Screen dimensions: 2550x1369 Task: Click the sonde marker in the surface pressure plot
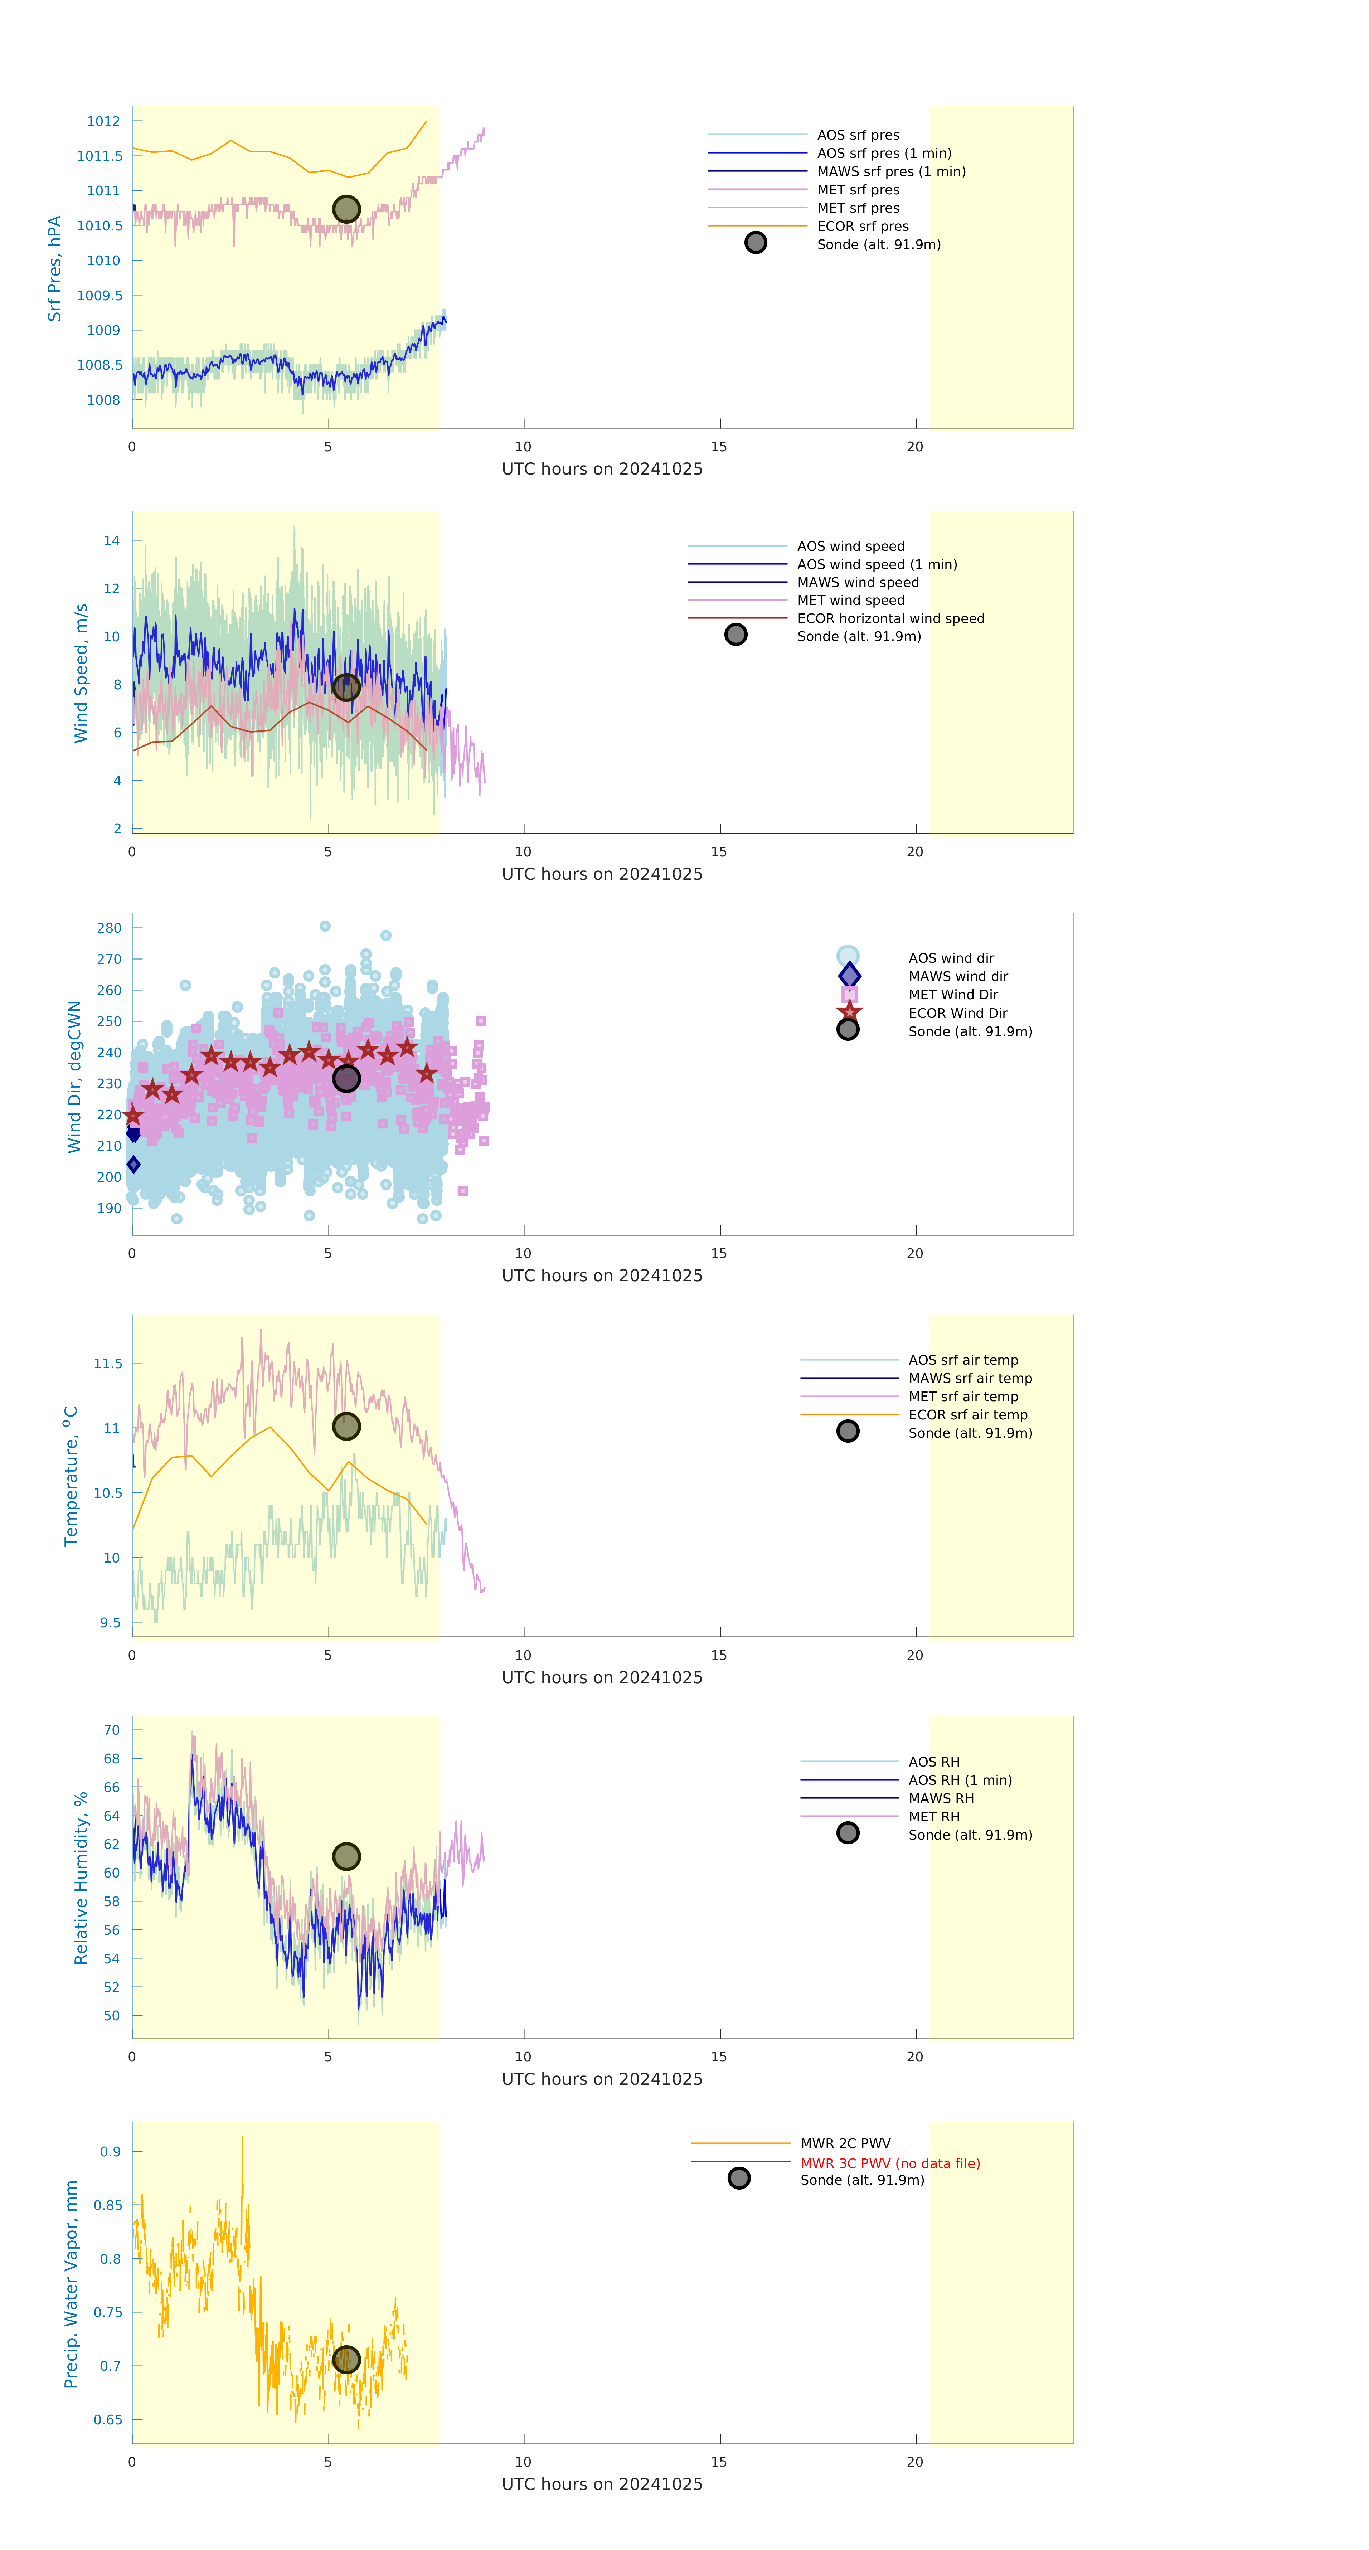345,209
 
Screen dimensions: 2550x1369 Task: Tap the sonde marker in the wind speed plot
345,687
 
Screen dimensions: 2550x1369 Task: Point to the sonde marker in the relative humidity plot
345,1856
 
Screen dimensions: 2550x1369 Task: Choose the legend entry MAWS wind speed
857,582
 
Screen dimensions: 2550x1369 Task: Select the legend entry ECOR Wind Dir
957,1013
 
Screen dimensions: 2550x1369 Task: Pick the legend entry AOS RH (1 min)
959,1780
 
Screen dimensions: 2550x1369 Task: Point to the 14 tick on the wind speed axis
112,540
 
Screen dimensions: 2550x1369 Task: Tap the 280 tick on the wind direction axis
109,928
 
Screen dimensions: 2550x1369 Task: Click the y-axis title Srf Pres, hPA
54,268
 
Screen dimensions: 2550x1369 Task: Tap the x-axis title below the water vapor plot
602,2484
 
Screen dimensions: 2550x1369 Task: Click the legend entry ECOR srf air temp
967,1414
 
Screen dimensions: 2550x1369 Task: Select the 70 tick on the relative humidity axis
112,1730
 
